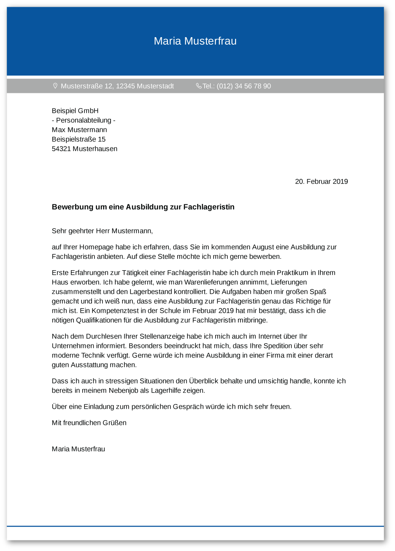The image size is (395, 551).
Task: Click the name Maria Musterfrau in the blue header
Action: click(195, 41)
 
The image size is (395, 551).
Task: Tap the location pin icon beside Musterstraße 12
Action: click(55, 86)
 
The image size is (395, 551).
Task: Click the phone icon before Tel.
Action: click(199, 86)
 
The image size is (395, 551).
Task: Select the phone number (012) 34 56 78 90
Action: click(243, 86)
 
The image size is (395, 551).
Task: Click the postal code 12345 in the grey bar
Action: click(125, 86)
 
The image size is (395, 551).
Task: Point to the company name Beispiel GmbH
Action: click(75, 111)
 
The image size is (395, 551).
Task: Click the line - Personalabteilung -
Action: click(84, 120)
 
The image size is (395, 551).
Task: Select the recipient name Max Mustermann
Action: click(79, 130)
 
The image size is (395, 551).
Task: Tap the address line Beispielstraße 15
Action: click(78, 139)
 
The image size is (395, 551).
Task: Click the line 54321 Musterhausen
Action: click(84, 149)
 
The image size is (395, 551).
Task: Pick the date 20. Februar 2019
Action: click(321, 182)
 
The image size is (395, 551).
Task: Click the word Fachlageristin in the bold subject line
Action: click(209, 207)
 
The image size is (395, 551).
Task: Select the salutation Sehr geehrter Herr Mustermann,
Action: click(102, 231)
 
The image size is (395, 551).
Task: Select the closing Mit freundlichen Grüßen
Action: click(89, 423)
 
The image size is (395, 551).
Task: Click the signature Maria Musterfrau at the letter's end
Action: click(78, 449)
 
